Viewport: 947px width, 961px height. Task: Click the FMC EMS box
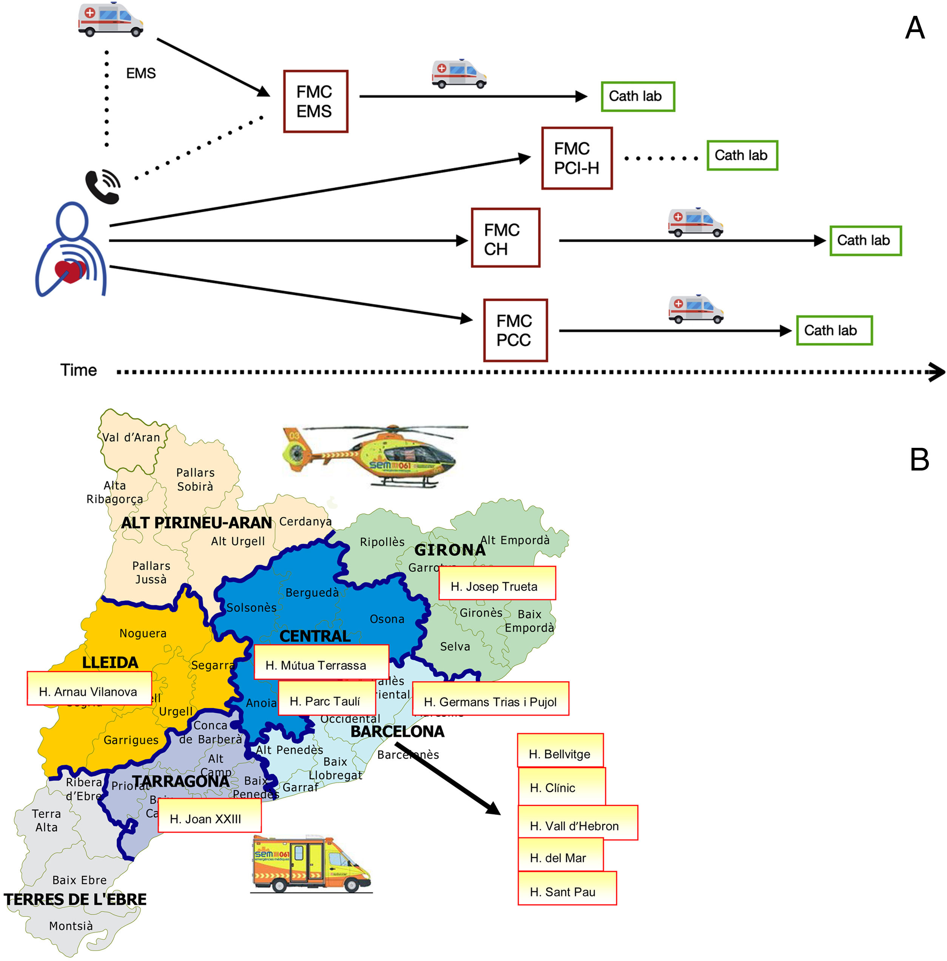[315, 102]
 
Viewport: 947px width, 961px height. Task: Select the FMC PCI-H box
[577, 158]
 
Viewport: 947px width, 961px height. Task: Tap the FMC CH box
[505, 238]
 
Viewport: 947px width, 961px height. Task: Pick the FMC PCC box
[515, 330]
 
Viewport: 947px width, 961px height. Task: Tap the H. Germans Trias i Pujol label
[490, 698]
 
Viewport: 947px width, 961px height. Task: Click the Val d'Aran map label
[131, 438]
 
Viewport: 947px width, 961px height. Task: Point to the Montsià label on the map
[71, 926]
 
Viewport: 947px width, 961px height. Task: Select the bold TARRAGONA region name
[180, 781]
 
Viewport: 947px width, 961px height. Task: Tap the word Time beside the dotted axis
[79, 370]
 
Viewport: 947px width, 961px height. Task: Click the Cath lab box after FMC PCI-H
[742, 156]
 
